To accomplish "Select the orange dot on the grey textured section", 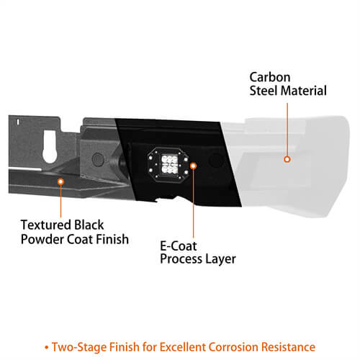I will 61,183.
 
